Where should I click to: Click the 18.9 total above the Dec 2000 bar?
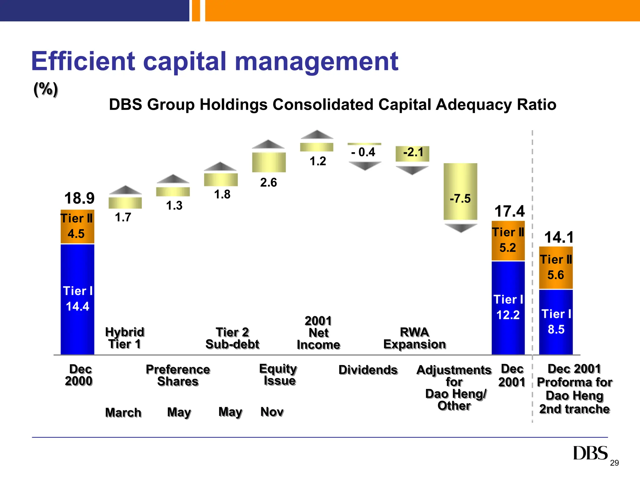click(79, 198)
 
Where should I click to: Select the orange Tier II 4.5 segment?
click(77, 227)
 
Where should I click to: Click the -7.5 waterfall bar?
click(460, 191)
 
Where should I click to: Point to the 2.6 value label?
click(268, 182)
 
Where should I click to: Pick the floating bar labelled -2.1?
click(412, 153)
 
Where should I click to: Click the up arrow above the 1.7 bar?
click(125, 190)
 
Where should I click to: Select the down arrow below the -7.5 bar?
click(460, 228)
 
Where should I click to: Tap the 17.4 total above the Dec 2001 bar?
click(509, 211)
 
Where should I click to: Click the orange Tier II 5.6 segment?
click(556, 267)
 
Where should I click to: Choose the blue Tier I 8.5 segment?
click(556, 322)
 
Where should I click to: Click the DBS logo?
click(590, 453)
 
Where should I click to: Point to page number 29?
click(614, 463)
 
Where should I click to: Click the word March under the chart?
click(123, 412)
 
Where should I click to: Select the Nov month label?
click(272, 412)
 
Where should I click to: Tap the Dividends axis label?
click(368, 370)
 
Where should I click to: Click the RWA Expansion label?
click(414, 338)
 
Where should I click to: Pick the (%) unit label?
click(46, 89)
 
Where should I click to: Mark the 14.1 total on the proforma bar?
click(559, 237)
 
